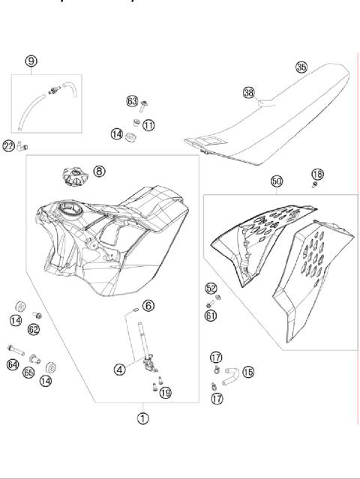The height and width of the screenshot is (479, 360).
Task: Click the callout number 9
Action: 31,61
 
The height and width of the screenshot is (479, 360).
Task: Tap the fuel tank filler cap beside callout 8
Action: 72,178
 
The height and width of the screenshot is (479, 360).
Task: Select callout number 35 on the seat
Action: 301,67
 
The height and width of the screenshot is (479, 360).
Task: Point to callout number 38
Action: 249,93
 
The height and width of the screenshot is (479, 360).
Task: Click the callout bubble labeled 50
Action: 277,181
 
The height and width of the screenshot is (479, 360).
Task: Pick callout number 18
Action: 317,173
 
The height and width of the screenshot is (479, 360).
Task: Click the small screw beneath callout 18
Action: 316,184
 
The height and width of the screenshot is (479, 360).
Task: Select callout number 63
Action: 133,100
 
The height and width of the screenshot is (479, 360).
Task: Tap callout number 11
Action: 148,124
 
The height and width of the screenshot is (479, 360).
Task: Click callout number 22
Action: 8,145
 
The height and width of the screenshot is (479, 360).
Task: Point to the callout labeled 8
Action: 100,172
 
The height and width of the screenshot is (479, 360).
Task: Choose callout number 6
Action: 148,305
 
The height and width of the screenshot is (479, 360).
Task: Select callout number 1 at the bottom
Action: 142,418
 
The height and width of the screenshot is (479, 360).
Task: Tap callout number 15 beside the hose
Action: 248,371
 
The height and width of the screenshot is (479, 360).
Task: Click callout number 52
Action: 211,289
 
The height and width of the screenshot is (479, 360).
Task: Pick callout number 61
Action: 211,316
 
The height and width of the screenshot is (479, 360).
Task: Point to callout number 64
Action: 13,365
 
